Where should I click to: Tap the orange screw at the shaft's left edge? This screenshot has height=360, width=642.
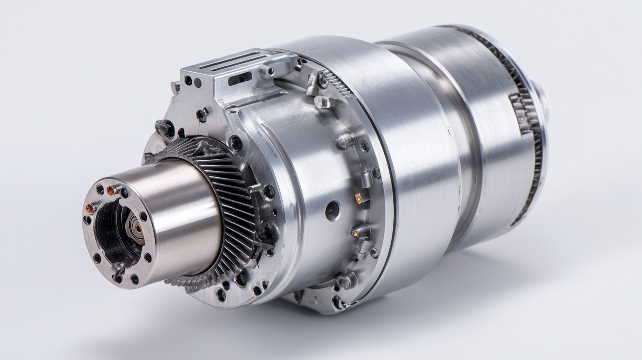pos(90,208)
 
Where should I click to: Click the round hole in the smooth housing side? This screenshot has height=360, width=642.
pos(333,211)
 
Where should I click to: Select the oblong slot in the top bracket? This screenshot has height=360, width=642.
pos(240,79)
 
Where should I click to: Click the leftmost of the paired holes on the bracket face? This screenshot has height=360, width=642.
pos(188,80)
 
